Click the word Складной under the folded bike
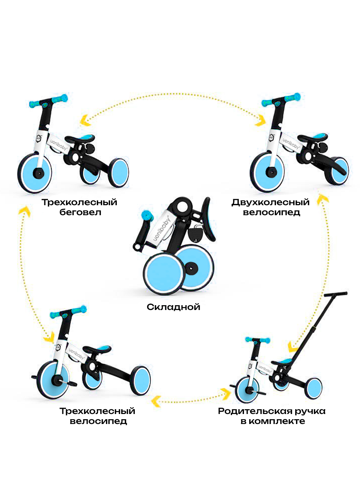pyautogui.click(x=173, y=307)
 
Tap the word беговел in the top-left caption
pyautogui.click(x=80, y=212)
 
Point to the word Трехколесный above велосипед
pyautogui.click(x=97, y=411)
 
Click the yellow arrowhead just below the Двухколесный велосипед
pyautogui.click(x=323, y=199)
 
